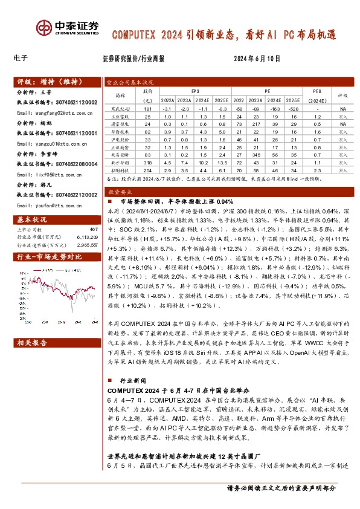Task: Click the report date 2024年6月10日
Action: click(x=257, y=59)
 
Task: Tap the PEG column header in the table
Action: click(x=317, y=90)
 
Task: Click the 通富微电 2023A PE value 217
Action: click(x=255, y=123)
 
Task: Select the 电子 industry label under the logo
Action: click(x=20, y=59)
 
